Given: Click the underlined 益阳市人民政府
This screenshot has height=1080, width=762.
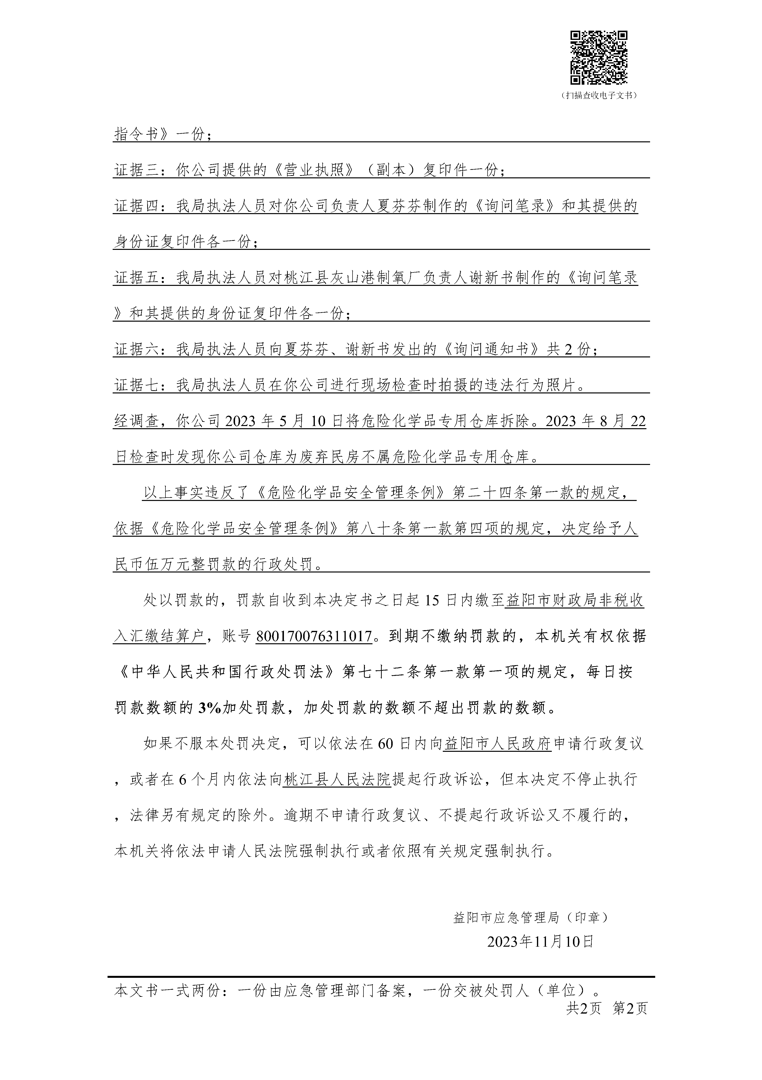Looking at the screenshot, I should coord(497,744).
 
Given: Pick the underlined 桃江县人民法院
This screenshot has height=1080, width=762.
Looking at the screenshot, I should coord(337,780).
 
